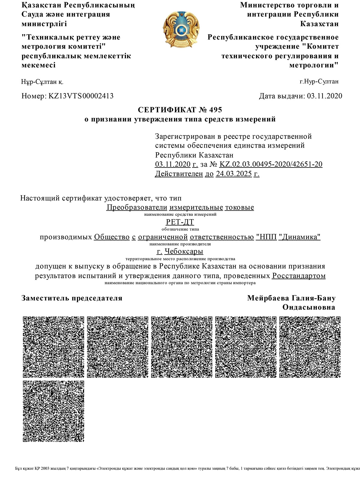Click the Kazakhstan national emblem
(181, 29)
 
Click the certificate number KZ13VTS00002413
(81, 96)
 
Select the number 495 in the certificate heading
(215, 110)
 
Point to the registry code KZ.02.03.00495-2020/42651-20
(271, 164)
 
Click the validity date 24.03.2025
(234, 174)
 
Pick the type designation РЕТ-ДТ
(180, 222)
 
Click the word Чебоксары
(184, 251)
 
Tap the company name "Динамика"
(299, 237)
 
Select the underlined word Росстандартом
(298, 276)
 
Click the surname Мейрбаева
(268, 298)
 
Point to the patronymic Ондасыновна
(309, 307)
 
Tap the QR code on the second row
(54, 411)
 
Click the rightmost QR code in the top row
(310, 347)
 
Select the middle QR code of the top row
(182, 347)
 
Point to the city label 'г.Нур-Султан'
(319, 81)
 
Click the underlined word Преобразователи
(137, 207)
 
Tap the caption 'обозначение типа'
(180, 229)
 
